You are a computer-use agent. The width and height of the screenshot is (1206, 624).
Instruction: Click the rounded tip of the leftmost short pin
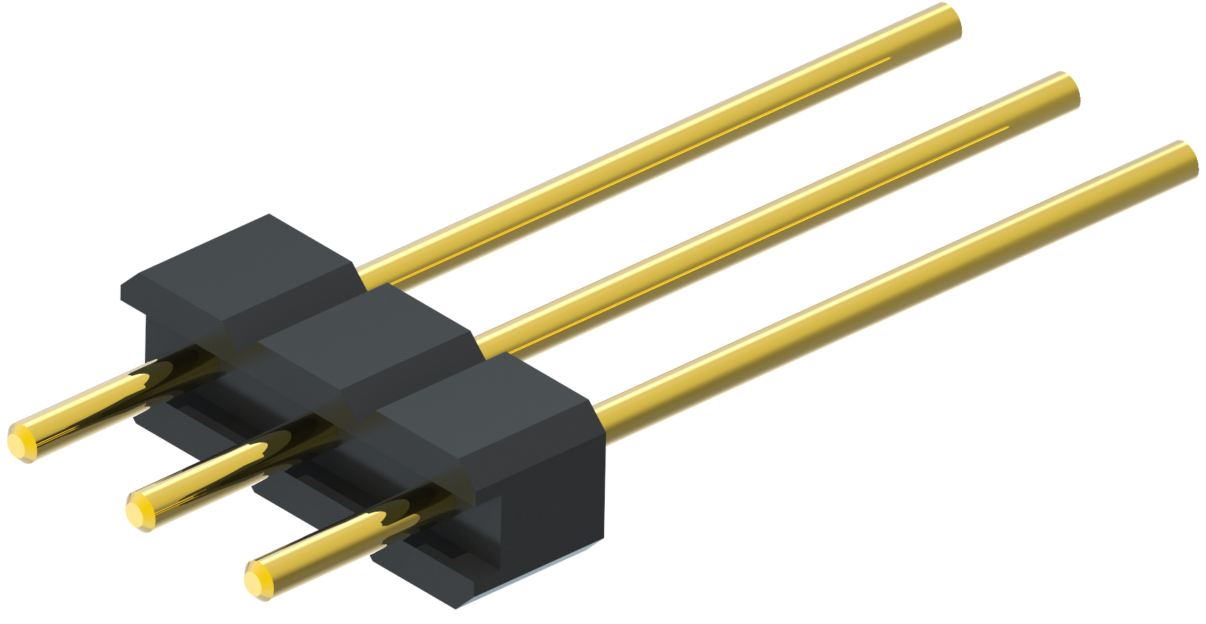click(21, 441)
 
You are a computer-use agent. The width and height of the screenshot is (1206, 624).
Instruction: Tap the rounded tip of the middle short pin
click(139, 512)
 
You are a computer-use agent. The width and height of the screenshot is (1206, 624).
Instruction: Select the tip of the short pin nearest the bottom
click(258, 580)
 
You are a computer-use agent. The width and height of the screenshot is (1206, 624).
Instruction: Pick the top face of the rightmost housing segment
click(485, 409)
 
